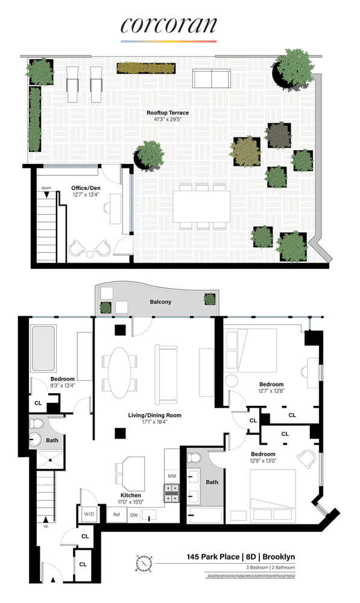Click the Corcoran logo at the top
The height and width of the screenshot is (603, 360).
(168, 25)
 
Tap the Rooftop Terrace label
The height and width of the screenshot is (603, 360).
(168, 113)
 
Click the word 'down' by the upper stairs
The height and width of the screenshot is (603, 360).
(46, 188)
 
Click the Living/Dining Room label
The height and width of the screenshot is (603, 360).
(154, 415)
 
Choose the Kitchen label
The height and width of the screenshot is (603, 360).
(131, 496)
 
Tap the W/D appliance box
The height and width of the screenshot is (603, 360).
(90, 514)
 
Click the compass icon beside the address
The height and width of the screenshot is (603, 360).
(144, 563)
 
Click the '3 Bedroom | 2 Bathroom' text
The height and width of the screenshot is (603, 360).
(265, 568)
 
